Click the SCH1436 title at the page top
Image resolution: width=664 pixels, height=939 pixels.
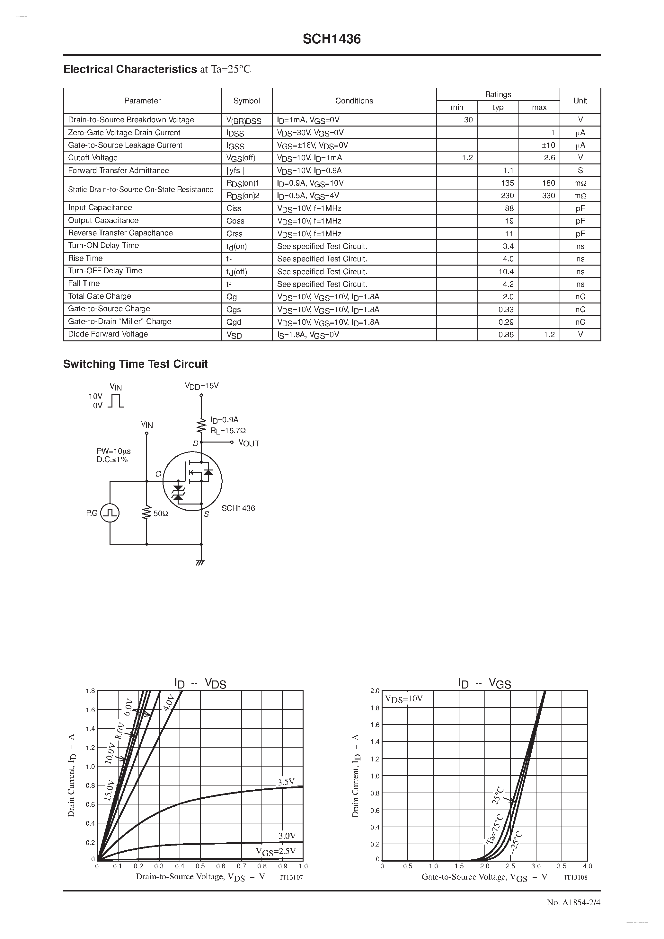point(332,39)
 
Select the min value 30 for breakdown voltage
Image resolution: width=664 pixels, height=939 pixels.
point(468,120)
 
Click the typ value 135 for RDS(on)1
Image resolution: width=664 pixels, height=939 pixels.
point(507,183)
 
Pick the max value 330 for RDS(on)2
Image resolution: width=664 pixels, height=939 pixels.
point(548,196)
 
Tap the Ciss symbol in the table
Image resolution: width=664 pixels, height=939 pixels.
point(234,208)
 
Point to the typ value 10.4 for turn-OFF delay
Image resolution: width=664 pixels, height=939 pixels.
point(506,272)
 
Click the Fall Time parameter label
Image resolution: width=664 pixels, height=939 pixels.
point(84,284)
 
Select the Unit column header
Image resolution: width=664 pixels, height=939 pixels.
point(580,101)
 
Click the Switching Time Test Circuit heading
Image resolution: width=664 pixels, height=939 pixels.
point(136,364)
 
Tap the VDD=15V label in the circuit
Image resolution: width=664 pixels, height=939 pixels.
point(202,386)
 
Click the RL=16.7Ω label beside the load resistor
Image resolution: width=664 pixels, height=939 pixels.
point(228,431)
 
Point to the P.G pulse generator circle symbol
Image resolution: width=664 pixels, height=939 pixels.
point(110,513)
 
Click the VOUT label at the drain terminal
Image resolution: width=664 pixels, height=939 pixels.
point(249,443)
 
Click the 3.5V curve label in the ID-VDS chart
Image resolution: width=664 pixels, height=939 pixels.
point(286,782)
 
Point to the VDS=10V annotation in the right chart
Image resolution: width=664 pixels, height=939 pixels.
point(404,698)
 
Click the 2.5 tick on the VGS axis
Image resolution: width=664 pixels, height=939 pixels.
point(510,866)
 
